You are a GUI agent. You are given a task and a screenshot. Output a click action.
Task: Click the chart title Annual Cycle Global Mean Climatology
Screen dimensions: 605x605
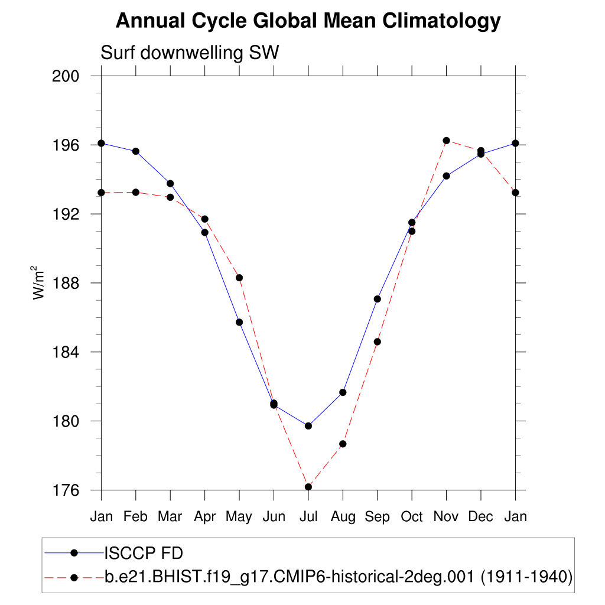(308, 22)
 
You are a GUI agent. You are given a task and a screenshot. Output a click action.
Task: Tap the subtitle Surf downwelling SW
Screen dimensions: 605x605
(190, 53)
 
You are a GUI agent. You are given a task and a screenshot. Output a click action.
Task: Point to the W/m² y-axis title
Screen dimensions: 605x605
(39, 283)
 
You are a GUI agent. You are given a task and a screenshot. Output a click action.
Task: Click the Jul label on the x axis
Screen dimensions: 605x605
(308, 517)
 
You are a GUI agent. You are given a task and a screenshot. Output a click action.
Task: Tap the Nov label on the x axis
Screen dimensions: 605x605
(446, 517)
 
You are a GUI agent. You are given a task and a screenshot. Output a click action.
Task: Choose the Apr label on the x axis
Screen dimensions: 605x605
(205, 517)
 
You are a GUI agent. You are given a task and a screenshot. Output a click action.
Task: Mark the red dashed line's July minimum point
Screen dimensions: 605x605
(308, 487)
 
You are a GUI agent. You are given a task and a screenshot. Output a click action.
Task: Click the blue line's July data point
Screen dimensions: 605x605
(308, 426)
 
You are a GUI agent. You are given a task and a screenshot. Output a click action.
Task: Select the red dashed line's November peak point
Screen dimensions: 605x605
(446, 141)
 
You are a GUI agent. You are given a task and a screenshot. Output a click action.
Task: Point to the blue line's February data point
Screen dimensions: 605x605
(136, 151)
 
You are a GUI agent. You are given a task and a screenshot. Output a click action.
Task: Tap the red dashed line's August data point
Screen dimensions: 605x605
(343, 444)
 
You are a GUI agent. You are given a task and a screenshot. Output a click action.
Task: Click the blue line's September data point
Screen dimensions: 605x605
(377, 299)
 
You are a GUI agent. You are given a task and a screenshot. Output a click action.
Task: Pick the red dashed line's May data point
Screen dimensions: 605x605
(239, 278)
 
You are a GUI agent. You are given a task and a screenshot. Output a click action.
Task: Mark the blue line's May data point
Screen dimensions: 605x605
(239, 322)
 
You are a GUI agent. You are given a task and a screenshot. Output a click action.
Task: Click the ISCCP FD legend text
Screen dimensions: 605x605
(144, 554)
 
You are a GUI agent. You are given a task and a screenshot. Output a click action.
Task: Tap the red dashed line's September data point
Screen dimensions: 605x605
(377, 341)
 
